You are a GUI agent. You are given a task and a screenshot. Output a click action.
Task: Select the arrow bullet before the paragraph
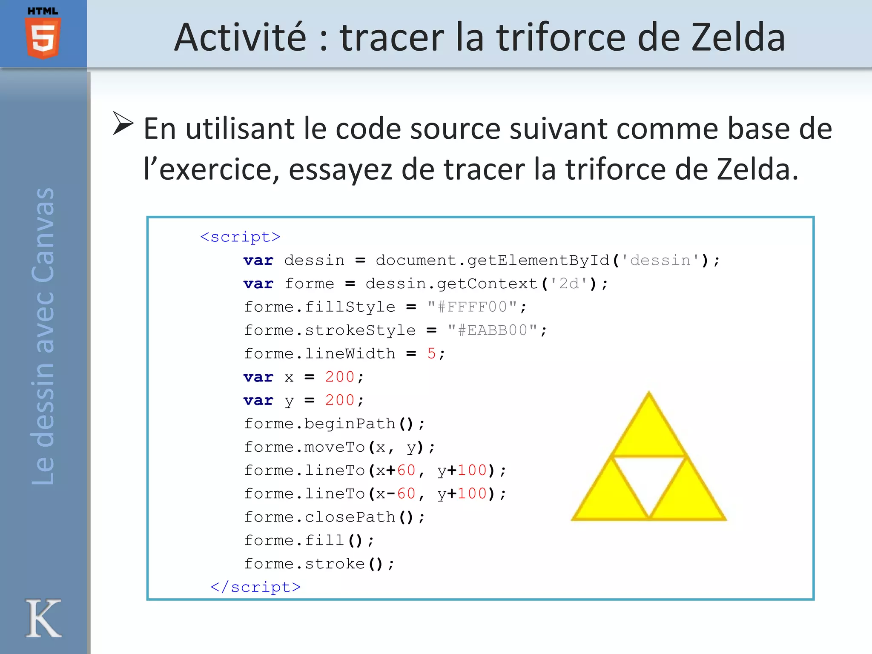(x=123, y=123)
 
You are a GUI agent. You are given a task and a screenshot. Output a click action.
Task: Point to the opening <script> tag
(x=240, y=237)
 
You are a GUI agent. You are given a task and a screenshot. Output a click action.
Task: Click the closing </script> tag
(x=255, y=587)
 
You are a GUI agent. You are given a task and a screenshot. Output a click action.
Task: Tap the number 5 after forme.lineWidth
(x=431, y=354)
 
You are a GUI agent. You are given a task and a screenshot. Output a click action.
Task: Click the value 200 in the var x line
(x=339, y=377)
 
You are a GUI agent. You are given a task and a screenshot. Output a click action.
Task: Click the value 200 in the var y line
(x=339, y=400)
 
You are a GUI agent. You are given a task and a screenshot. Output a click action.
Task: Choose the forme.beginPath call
(x=334, y=424)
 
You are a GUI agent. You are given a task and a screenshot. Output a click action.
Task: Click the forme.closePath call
(x=334, y=517)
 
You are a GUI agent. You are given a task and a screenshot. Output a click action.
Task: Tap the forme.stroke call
(x=319, y=564)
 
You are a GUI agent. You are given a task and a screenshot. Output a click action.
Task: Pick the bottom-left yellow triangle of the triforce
(x=611, y=498)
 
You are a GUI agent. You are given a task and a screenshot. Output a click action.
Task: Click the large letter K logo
(x=43, y=618)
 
